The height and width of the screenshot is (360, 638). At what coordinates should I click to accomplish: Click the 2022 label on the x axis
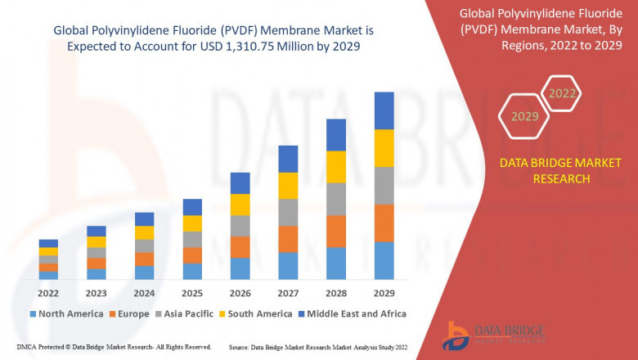click(48, 293)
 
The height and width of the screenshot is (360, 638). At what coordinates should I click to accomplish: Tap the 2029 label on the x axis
click(384, 293)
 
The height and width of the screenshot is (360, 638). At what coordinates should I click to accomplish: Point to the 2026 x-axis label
click(240, 293)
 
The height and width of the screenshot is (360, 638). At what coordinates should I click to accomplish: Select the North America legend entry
click(65, 313)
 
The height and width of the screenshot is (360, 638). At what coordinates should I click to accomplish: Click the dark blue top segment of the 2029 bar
click(384, 110)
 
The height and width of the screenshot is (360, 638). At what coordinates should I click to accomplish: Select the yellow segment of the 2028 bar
click(335, 167)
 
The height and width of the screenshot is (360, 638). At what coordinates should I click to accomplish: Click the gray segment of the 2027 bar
click(288, 212)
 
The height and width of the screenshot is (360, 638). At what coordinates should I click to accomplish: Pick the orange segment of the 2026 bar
click(240, 247)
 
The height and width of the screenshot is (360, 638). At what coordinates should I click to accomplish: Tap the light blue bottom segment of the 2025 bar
click(192, 271)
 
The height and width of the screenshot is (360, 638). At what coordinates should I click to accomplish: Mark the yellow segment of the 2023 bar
click(97, 241)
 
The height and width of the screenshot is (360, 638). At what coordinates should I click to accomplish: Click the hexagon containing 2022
click(562, 93)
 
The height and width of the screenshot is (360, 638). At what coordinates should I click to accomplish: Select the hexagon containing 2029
click(525, 116)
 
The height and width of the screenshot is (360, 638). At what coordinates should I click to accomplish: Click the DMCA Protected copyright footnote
click(114, 347)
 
